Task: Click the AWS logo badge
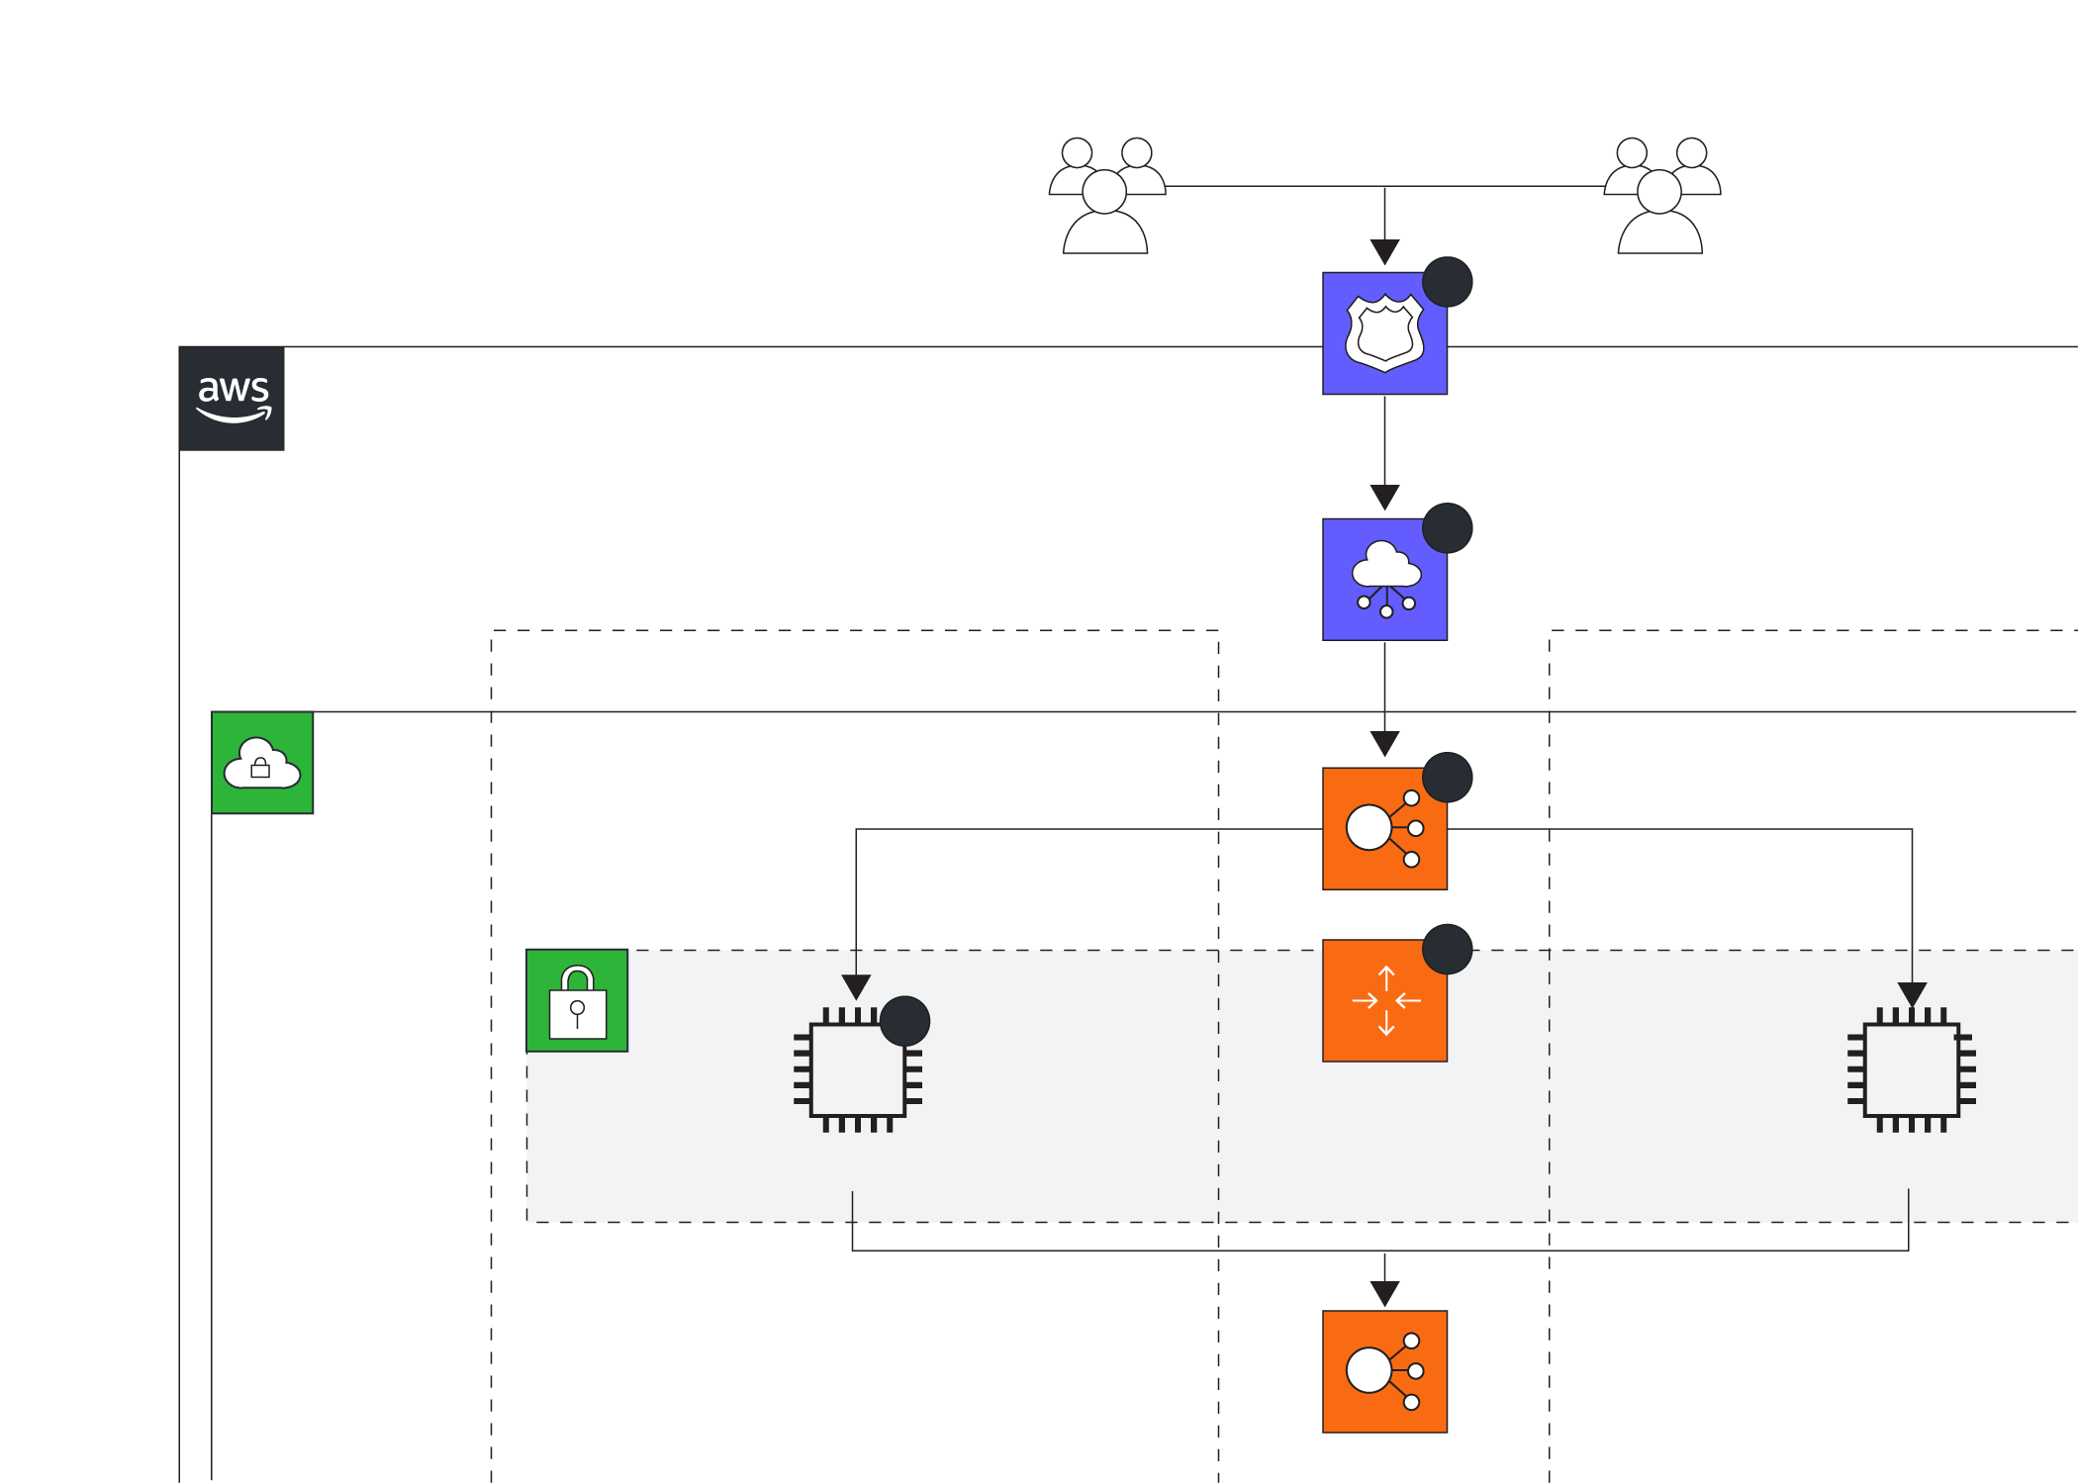[233, 399]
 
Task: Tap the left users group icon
[1106, 196]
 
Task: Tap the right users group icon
[1661, 196]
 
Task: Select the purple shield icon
[1384, 333]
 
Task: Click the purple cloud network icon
[1384, 580]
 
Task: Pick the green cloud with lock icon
[262, 763]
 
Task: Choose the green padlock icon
[577, 1000]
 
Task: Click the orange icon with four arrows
[1384, 1001]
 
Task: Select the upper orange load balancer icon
[1384, 829]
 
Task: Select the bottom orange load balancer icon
[1384, 1371]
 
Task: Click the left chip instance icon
[858, 1070]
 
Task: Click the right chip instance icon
[1911, 1070]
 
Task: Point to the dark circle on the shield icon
[1447, 282]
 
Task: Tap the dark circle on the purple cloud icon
[1447, 527]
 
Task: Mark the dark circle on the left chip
[904, 1021]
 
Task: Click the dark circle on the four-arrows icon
[1447, 949]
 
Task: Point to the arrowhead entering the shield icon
[1384, 251]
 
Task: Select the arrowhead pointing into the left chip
[856, 986]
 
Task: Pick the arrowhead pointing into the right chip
[1912, 993]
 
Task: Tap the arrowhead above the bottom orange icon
[1384, 1293]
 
